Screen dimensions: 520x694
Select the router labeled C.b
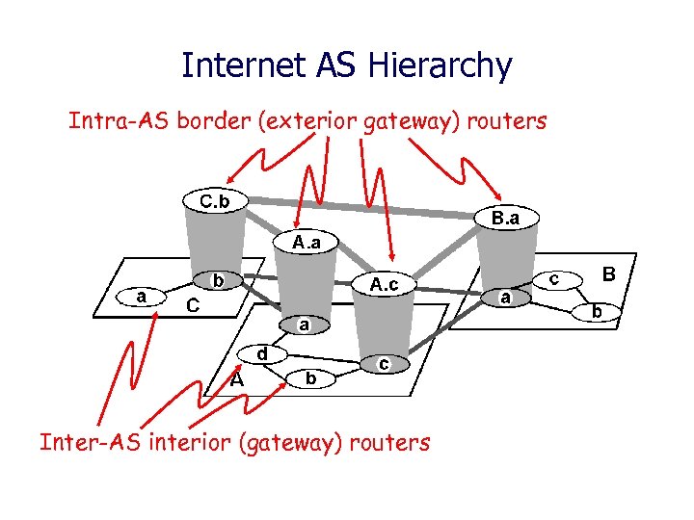[214, 201]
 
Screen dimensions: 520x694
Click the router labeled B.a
[505, 219]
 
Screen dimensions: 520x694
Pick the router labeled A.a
[307, 241]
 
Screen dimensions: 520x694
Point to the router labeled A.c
[385, 284]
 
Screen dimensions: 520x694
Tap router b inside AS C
[219, 281]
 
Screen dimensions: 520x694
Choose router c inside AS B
[555, 277]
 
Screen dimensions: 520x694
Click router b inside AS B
[598, 311]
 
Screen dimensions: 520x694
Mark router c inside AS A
[384, 364]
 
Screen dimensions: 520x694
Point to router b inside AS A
[309, 378]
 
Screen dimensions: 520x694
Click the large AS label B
[608, 274]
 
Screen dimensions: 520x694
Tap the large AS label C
[192, 305]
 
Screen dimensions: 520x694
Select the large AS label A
[236, 378]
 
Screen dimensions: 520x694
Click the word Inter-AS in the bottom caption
[83, 442]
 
